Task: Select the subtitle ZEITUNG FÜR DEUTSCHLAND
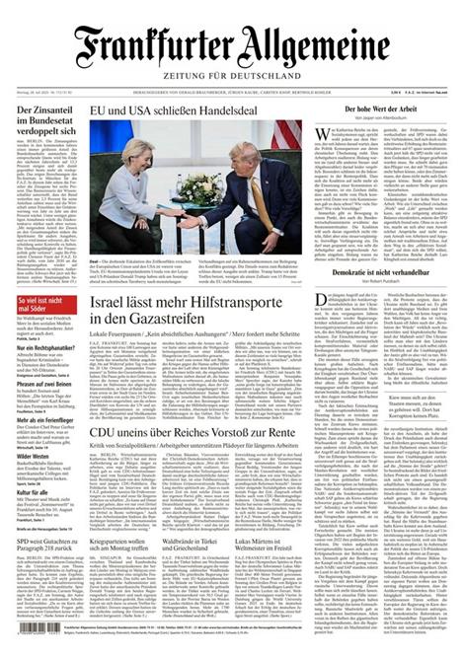tap(233, 77)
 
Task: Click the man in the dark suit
tap(247, 187)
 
